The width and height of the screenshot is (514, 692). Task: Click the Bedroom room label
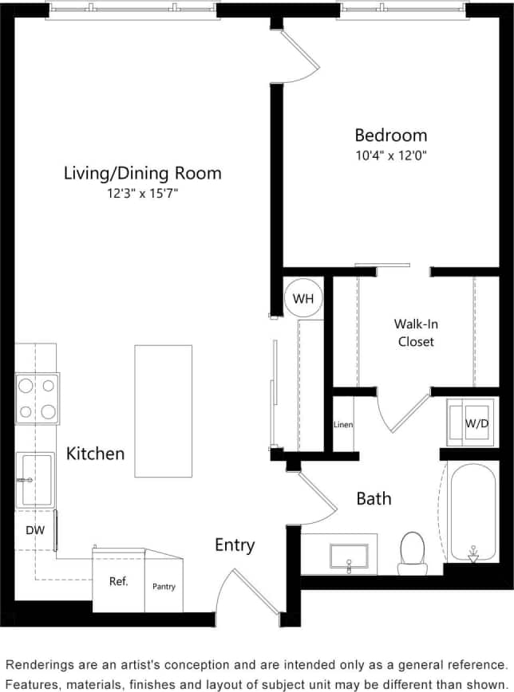tap(390, 135)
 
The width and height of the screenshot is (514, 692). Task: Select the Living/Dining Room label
tap(143, 173)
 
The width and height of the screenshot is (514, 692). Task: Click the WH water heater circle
tap(303, 299)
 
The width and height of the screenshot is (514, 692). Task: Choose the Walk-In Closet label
tap(415, 332)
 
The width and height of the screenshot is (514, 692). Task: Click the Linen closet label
tap(343, 424)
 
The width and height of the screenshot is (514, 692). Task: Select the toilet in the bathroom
tap(413, 552)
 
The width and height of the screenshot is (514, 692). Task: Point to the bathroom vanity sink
tap(349, 556)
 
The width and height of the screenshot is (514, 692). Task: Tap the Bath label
tap(374, 498)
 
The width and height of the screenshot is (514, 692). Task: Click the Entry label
tap(235, 545)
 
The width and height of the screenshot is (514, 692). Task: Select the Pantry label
tap(164, 587)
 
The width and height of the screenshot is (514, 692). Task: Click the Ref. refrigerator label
tap(119, 581)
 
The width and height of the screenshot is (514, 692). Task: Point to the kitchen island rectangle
tap(164, 410)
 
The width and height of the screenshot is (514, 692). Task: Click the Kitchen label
tap(95, 454)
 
